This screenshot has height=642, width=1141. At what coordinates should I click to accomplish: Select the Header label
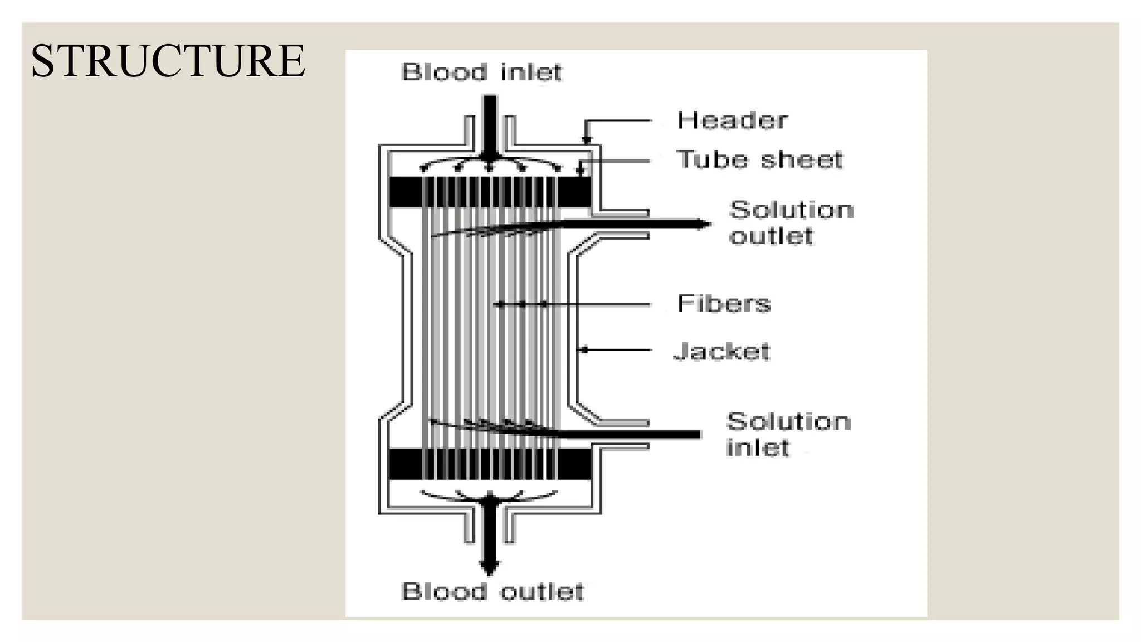point(732,120)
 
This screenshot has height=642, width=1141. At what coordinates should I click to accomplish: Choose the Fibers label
point(724,304)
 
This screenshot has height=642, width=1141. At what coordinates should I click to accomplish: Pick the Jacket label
point(722,351)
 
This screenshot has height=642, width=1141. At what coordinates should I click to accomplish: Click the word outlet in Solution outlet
point(771,236)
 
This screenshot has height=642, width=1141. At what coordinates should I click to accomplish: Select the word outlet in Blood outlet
point(542,592)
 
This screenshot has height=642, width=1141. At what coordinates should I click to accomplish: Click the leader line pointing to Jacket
point(616,350)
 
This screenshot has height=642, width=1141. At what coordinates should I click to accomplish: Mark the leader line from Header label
point(618,120)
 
